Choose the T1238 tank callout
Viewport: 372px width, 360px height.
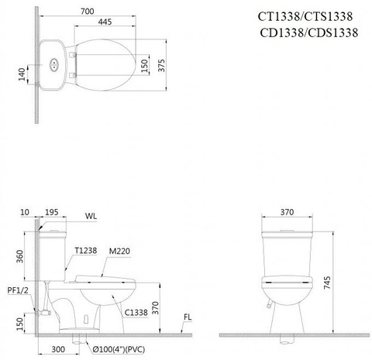click(86, 250)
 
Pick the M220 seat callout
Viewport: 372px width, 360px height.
click(119, 250)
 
